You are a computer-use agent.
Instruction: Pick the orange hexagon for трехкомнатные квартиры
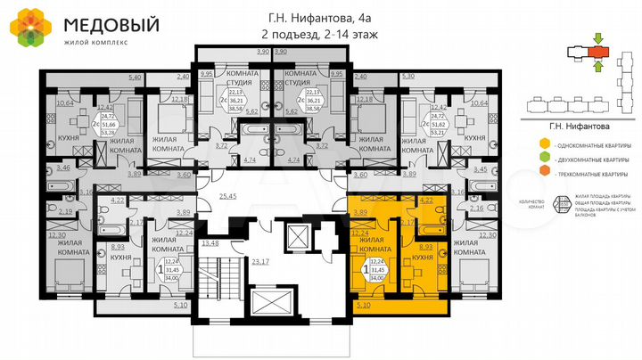(x=544, y=176)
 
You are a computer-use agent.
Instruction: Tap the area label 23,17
(x=261, y=262)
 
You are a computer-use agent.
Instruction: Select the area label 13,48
(x=211, y=242)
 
